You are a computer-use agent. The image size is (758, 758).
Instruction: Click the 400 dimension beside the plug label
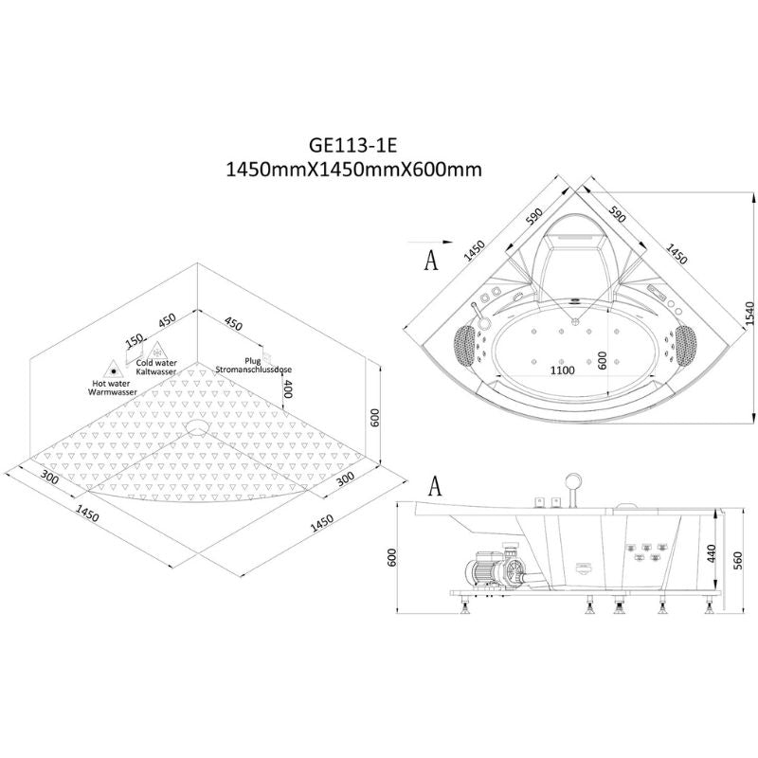(x=286, y=388)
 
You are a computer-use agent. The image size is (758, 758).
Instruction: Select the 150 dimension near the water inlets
(x=135, y=340)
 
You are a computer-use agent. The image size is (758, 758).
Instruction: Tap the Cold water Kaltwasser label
(x=156, y=368)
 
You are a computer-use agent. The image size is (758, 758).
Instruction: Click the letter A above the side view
(x=434, y=486)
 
